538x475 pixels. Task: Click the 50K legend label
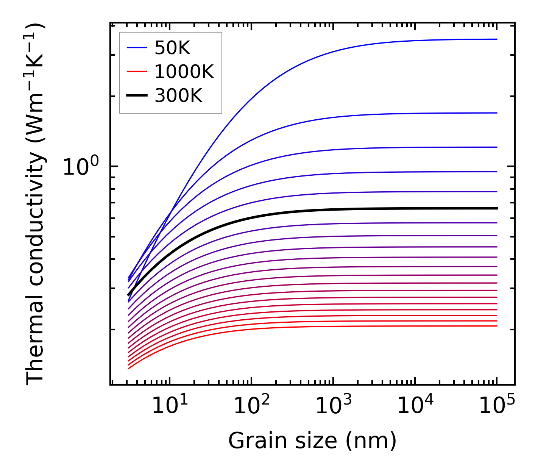172,48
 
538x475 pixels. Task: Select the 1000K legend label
184,72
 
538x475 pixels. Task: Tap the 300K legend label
178,96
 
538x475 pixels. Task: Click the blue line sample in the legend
137,48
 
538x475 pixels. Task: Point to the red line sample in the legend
137,72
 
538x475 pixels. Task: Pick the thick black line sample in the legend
137,96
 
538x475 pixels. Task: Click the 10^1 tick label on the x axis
170,406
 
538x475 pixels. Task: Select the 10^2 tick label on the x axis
252,406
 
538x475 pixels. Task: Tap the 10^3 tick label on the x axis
334,406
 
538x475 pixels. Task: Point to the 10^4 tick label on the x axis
415,406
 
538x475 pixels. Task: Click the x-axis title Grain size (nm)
312,441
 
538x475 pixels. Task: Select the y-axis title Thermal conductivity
36,205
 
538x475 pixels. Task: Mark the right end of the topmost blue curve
496,39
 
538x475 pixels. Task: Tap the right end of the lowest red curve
496,326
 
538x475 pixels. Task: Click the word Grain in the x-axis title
251,441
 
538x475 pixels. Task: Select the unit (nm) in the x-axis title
371,441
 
